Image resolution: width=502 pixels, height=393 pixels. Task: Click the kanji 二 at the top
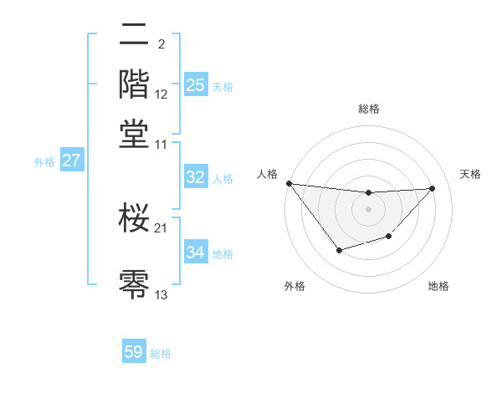point(134,36)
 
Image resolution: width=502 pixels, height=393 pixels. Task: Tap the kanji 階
point(134,84)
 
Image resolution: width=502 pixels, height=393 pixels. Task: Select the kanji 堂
point(134,133)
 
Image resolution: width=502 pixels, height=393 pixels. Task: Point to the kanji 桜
point(134,218)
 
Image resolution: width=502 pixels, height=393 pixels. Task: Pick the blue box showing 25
point(195,85)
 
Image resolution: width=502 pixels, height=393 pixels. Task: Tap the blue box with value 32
point(195,177)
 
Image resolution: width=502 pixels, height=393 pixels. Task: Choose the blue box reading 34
point(195,253)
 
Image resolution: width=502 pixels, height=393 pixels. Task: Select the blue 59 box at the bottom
point(134,352)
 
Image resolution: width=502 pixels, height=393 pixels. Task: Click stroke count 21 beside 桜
point(161,227)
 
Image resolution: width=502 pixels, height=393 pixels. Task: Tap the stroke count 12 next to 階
point(161,94)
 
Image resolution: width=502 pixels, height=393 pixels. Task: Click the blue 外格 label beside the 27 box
point(44,162)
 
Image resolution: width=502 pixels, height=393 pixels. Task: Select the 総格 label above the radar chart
point(368,109)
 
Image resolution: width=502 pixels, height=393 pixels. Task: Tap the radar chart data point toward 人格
point(289,183)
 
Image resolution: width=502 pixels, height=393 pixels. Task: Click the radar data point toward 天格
point(432,188)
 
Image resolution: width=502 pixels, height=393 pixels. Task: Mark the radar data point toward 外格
point(339,250)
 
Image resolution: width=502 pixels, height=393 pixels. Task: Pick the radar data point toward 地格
point(388,237)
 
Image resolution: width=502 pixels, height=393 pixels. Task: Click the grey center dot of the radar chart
point(368,209)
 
